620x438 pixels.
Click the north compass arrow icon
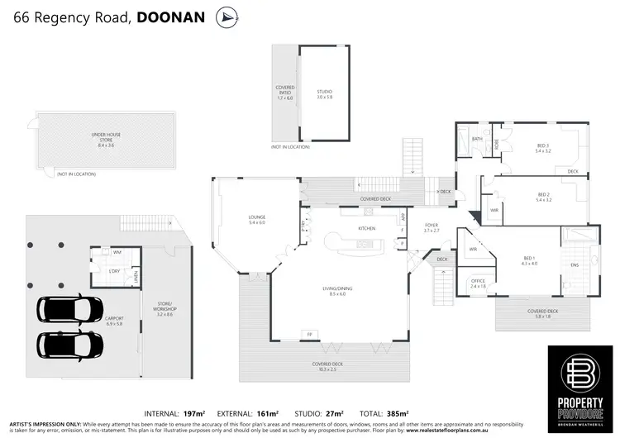[225, 17]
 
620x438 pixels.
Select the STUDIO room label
[324, 93]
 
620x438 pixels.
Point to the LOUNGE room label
[256, 220]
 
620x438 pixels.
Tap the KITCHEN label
[367, 228]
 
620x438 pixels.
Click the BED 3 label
[542, 148]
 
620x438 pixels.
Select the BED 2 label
[542, 198]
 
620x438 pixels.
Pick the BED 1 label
[529, 259]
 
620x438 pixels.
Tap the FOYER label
[432, 226]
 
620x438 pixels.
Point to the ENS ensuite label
[575, 265]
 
